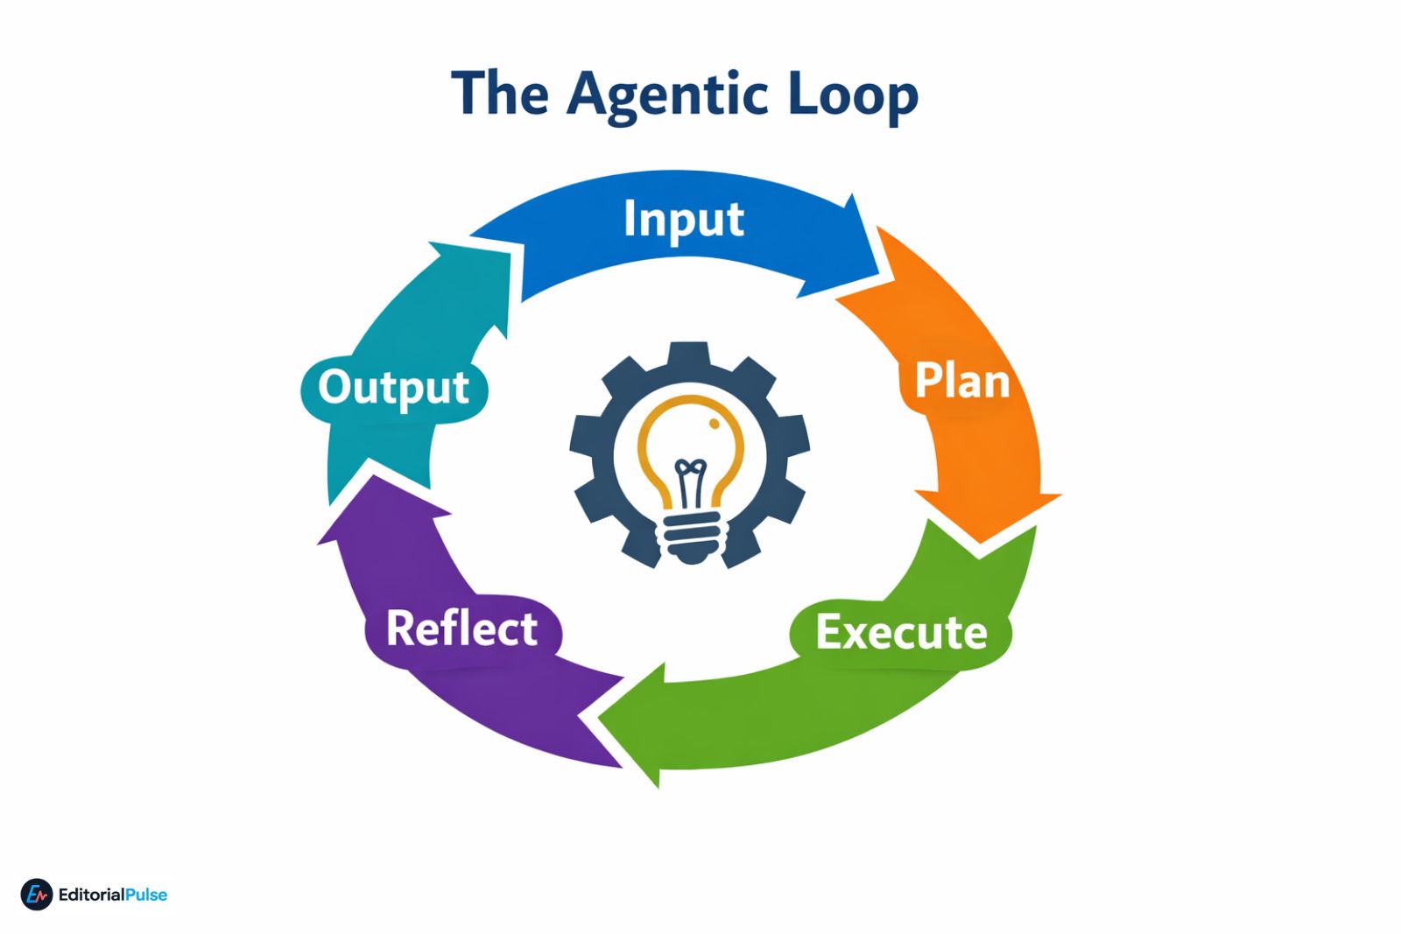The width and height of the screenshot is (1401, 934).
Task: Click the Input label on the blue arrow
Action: coord(684,219)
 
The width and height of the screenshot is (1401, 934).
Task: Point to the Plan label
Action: coord(961,382)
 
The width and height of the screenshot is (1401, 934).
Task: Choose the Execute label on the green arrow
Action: coord(901,632)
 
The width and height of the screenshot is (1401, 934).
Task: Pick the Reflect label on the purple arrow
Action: coord(461,629)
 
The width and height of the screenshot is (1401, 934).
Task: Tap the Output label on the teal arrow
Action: coord(393,388)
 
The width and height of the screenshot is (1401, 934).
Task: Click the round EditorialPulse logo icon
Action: coord(37,895)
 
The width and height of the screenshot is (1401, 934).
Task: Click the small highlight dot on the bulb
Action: coord(715,425)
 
